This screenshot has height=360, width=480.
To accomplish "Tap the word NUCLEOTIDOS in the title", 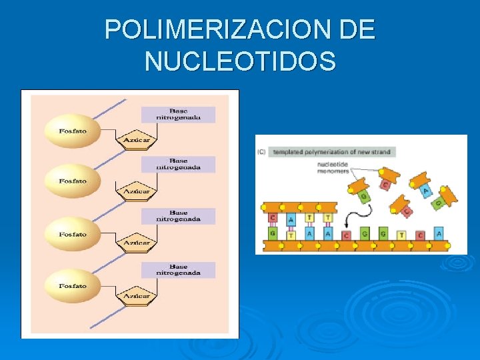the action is coord(240,61).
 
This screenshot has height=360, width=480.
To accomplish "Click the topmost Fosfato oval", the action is coord(72,130).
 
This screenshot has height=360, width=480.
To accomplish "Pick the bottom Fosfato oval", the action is coord(72,285).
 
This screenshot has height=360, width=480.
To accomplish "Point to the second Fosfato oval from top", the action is coord(72,181).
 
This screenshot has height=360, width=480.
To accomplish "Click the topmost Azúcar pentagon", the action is coord(136,139).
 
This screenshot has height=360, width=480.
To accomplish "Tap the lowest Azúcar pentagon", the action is coord(136,294).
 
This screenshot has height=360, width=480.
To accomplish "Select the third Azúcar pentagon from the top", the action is coord(136,242).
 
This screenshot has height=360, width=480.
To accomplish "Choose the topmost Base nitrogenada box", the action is coord(178,114).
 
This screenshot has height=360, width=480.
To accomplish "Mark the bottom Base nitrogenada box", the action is coord(178,269).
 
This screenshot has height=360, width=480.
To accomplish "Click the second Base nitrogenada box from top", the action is coord(178,164).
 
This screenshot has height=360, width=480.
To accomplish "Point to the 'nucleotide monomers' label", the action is coord(333,167).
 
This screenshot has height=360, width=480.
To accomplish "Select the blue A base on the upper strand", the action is coord(291,218).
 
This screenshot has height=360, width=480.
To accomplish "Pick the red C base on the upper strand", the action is coord(273,218).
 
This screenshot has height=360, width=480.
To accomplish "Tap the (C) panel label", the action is coord(261,153).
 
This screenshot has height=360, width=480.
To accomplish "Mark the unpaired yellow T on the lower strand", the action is coord(401,235).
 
